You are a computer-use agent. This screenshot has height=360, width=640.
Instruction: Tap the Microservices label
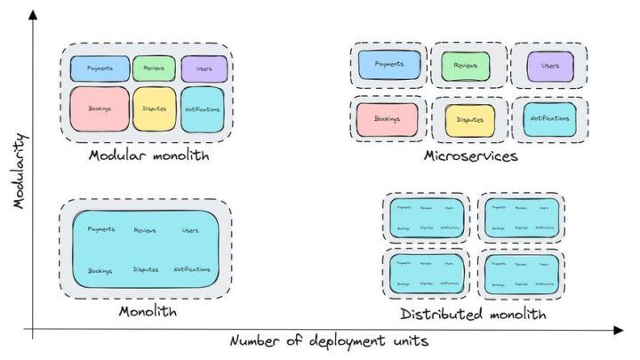click(470, 156)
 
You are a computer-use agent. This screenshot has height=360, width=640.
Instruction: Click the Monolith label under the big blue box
click(148, 312)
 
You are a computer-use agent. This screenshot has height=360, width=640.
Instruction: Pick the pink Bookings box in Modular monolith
click(99, 108)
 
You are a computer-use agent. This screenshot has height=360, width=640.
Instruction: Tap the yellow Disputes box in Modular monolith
click(154, 108)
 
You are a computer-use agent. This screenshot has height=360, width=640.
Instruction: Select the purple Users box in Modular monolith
click(204, 68)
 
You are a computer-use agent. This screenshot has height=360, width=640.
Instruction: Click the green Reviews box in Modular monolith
click(154, 68)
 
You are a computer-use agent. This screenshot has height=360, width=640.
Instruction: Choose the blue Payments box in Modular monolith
click(100, 68)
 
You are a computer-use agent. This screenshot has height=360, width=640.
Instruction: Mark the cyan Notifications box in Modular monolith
click(204, 108)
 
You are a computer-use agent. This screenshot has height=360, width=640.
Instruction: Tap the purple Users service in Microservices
click(549, 66)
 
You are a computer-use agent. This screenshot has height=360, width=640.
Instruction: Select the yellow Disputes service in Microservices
click(469, 120)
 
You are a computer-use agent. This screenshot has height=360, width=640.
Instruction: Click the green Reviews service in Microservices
click(466, 66)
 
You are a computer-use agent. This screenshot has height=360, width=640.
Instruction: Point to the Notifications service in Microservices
click(548, 119)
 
